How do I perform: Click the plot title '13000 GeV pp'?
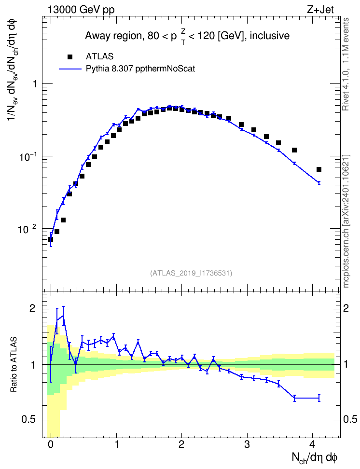point(81,10)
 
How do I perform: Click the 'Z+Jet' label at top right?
point(320,10)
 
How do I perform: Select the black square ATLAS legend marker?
point(70,56)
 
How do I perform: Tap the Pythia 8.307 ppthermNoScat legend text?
point(140,69)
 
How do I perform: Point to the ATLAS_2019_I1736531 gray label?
point(191,273)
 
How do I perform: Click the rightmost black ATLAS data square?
point(319,169)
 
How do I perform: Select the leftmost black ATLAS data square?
point(51,239)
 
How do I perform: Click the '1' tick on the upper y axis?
point(35,84)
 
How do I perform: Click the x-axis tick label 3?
point(247,444)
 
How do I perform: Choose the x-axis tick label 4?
point(312,444)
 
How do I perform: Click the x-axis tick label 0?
point(51,444)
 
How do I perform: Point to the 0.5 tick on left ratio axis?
point(28,420)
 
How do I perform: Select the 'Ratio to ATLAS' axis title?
point(14,365)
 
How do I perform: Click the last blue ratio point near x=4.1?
point(319,398)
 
